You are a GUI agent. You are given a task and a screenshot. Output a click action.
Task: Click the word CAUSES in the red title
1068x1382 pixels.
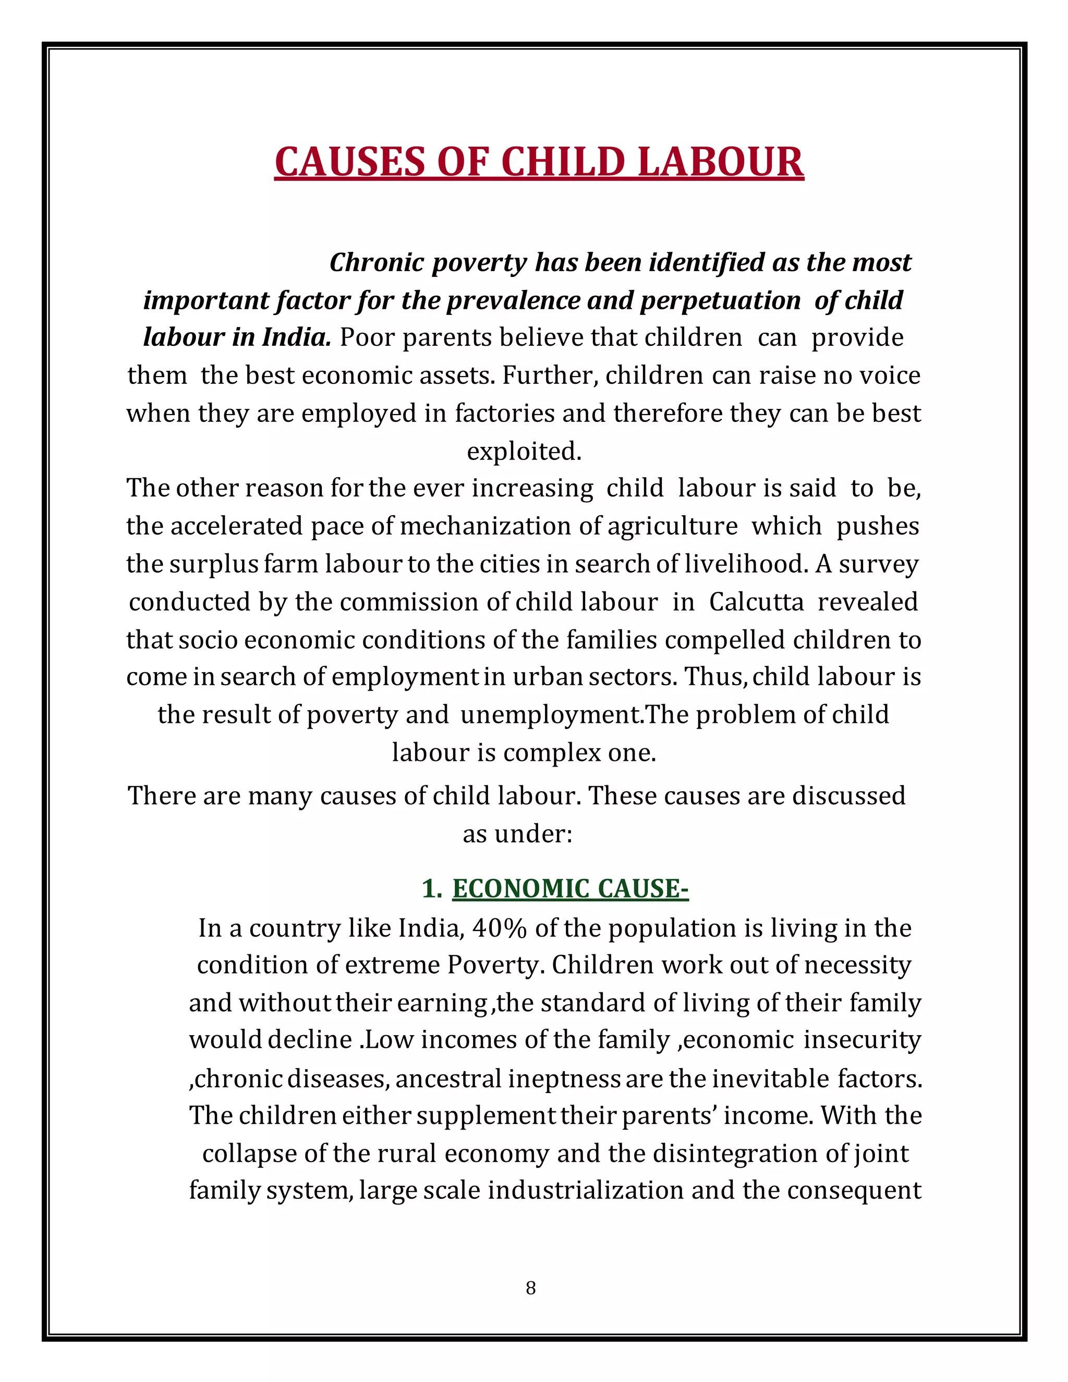[350, 162]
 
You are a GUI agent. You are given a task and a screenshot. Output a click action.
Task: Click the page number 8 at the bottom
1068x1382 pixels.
[530, 1288]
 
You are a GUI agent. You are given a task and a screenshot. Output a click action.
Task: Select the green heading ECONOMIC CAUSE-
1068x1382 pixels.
[570, 889]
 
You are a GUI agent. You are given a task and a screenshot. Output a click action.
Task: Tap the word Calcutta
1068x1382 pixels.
[756, 602]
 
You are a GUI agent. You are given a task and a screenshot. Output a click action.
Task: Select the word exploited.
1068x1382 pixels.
[524, 451]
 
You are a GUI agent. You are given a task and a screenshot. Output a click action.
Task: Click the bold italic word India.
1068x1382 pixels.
[297, 338]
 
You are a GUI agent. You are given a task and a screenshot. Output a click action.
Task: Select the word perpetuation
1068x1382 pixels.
[720, 300]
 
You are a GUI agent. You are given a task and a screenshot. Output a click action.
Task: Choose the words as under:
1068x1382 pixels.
[517, 834]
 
